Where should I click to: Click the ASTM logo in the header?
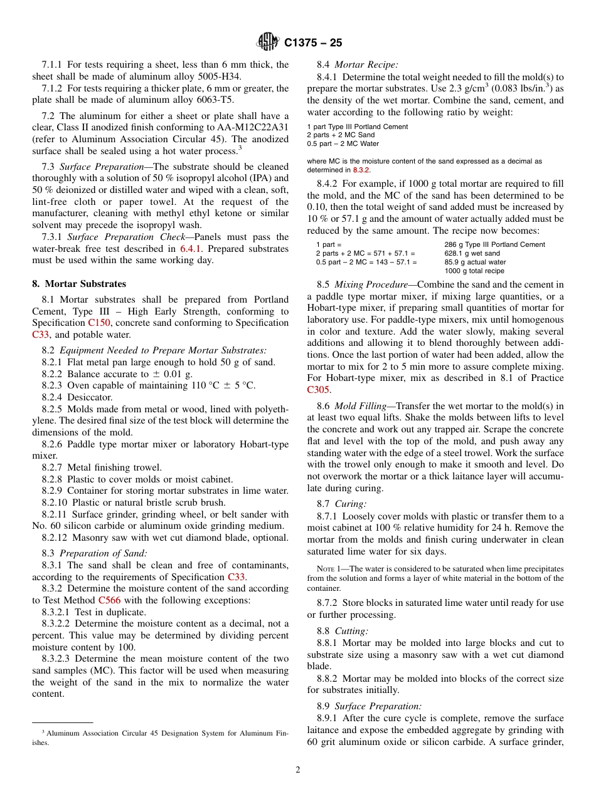click(x=268, y=43)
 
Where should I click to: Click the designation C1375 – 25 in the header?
click(x=313, y=43)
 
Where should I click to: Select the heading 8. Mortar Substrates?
click(x=79, y=284)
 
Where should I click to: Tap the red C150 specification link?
click(x=99, y=323)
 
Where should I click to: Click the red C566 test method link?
click(x=109, y=600)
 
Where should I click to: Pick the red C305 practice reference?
click(x=318, y=389)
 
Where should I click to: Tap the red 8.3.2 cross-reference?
click(x=361, y=170)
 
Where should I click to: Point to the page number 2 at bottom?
click(x=298, y=769)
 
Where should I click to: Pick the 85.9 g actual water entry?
click(x=475, y=262)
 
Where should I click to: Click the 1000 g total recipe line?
click(x=474, y=271)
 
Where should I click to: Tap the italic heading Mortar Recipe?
click(x=366, y=65)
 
